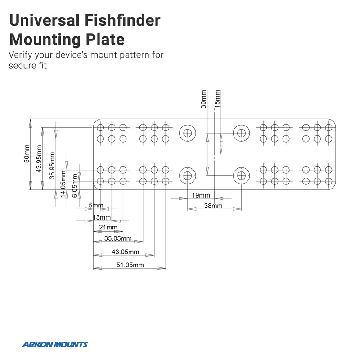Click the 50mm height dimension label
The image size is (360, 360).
click(x=26, y=154)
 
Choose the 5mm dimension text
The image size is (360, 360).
click(x=96, y=206)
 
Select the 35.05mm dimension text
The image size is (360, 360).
click(x=118, y=238)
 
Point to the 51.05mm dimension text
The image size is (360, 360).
click(x=130, y=265)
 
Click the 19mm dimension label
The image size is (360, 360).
click(x=201, y=195)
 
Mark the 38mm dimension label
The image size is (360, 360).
click(x=213, y=206)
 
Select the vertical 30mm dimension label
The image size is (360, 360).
click(x=203, y=99)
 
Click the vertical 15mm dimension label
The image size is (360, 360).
click(x=217, y=99)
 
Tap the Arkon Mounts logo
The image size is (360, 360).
click(x=55, y=345)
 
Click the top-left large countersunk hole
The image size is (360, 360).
click(x=187, y=133)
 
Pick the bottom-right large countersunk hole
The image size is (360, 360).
click(x=241, y=175)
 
